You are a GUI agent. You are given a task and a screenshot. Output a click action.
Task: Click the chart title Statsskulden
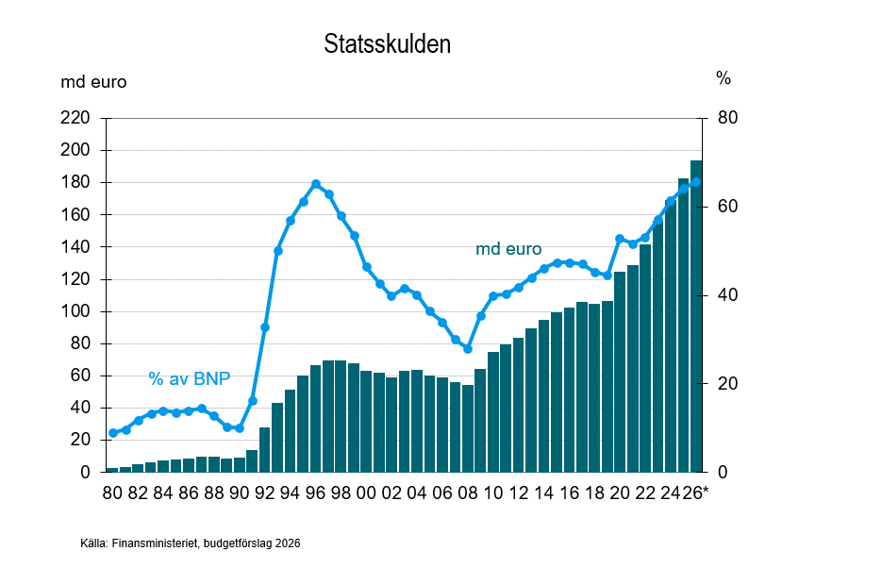(x=387, y=44)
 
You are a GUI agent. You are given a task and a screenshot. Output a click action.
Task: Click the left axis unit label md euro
(x=93, y=82)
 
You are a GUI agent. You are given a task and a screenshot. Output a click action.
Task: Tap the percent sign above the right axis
(x=724, y=79)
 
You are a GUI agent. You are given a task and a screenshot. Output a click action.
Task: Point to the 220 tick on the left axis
(x=75, y=118)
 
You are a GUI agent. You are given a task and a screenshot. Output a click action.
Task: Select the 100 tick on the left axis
(x=75, y=311)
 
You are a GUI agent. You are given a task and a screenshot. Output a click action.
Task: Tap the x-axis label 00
(x=366, y=493)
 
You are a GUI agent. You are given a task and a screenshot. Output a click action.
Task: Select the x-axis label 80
(x=112, y=493)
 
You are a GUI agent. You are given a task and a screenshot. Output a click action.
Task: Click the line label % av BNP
(x=190, y=378)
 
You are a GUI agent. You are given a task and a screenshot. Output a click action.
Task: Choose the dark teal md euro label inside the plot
(x=508, y=250)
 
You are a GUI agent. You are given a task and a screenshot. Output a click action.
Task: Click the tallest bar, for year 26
(x=695, y=316)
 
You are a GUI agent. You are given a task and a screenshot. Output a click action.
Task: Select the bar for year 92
(x=265, y=450)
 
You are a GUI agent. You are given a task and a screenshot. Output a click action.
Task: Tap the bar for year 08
(x=468, y=429)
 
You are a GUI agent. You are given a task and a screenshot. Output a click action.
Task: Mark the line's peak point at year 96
(x=316, y=184)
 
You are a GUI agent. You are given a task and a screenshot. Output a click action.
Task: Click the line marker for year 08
(x=468, y=349)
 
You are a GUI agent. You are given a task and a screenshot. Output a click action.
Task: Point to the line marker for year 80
(x=112, y=433)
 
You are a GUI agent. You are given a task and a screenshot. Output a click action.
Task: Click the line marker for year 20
(x=620, y=239)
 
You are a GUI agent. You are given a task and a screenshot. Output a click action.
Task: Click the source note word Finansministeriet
(x=150, y=543)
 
